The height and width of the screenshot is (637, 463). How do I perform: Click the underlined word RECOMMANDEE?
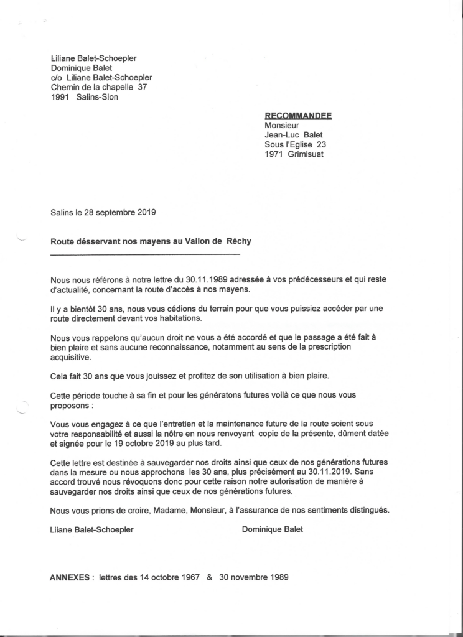(298, 116)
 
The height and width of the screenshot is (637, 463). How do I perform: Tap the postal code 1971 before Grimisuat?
(274, 154)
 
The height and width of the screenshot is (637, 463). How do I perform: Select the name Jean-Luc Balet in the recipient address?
(295, 135)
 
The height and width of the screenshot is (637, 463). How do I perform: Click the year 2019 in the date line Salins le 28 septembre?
(145, 212)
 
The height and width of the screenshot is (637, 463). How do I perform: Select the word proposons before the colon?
(70, 405)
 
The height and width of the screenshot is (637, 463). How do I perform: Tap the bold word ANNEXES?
(70, 577)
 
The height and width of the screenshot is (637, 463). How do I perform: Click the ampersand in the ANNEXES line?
(209, 577)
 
